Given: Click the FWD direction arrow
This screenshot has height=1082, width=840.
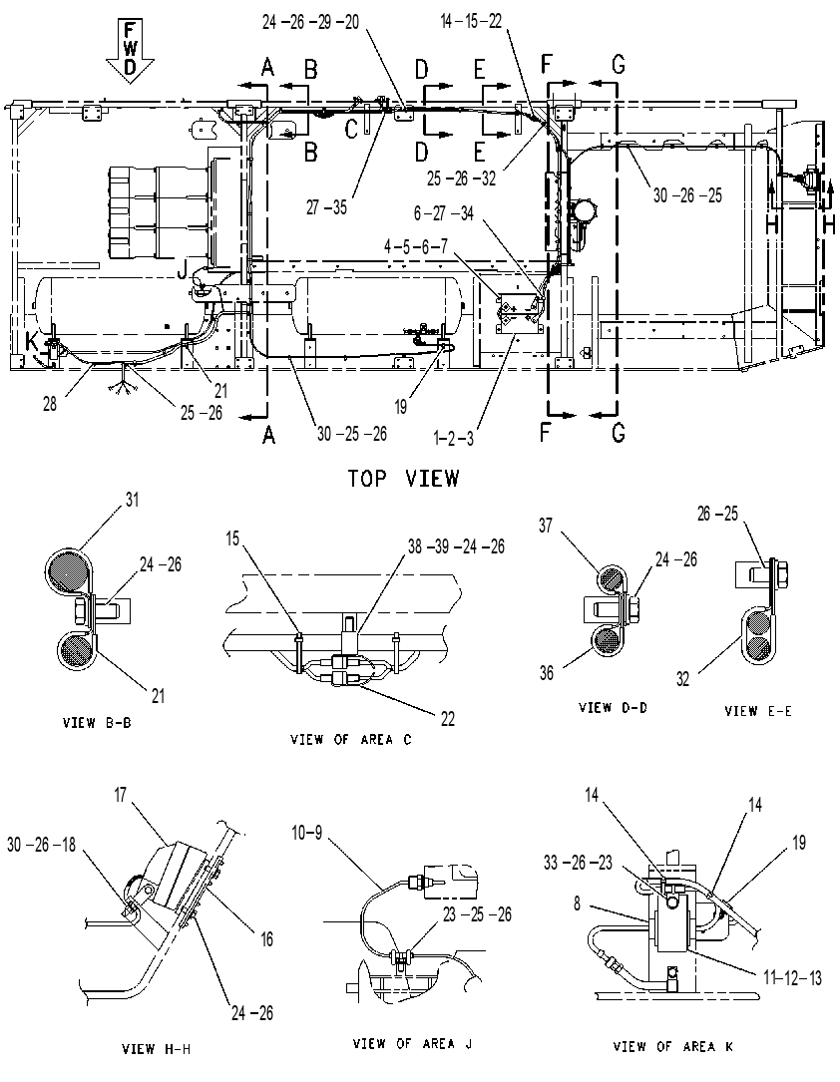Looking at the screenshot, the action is coord(129,52).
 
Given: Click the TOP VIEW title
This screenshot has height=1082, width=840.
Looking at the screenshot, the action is coord(403,479).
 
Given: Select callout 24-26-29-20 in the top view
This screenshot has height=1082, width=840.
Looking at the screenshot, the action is coord(310,22).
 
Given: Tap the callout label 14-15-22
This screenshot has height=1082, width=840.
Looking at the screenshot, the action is coord(471,21).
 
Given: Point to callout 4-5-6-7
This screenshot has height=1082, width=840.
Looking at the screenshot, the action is coord(416,246).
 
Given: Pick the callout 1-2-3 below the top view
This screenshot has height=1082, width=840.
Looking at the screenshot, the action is coord(454,438).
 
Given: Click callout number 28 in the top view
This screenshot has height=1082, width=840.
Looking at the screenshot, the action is coord(50,403).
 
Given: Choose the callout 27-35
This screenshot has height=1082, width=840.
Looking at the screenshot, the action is coord(326,207).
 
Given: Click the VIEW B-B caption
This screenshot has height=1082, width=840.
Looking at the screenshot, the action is coord(97,723).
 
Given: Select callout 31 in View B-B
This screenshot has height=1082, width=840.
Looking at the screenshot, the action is coord(132,499).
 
